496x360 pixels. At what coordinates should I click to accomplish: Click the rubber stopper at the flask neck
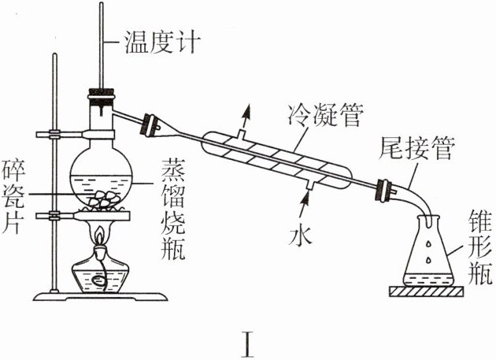coord(102,98)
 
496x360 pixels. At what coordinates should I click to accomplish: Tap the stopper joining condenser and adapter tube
coord(385,190)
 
